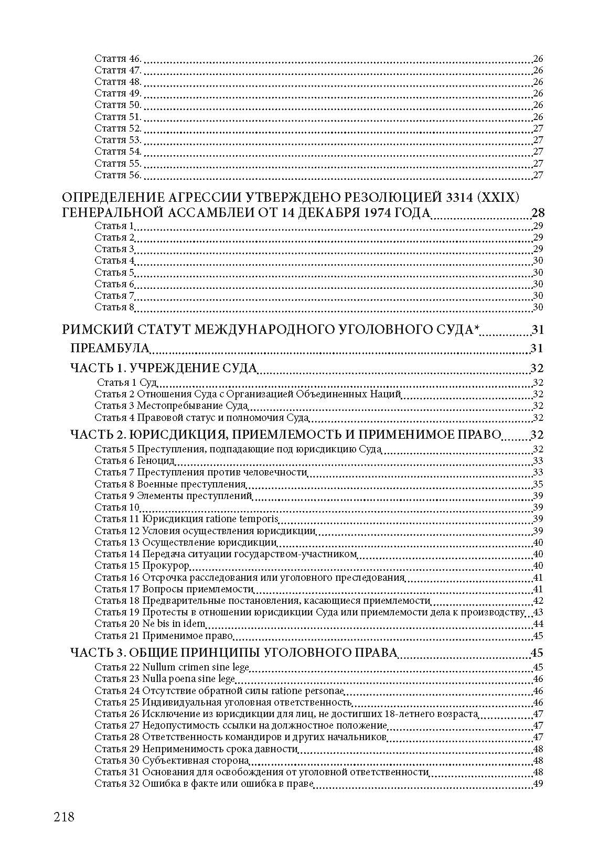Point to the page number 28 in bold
(x=537, y=213)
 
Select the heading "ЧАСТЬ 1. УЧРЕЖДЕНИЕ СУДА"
(x=164, y=368)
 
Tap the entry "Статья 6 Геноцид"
(x=135, y=461)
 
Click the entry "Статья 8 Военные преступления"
(x=170, y=484)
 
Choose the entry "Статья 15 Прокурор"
(x=142, y=566)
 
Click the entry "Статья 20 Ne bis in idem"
(x=150, y=624)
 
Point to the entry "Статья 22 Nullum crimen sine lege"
(x=172, y=667)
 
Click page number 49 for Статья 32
(x=537, y=784)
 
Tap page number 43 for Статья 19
(x=537, y=613)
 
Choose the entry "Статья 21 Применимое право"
(x=164, y=636)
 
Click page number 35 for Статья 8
(x=537, y=484)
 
